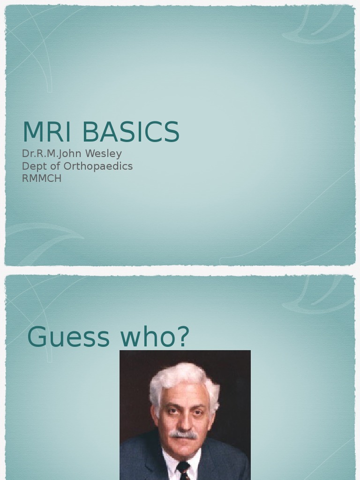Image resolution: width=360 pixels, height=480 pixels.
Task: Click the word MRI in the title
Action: [46, 132]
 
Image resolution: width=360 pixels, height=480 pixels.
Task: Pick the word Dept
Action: [32, 166]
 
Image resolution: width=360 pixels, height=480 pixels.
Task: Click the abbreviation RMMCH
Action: [42, 179]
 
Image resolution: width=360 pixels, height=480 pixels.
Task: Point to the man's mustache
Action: [183, 434]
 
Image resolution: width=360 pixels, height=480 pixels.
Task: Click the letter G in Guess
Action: [38, 337]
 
